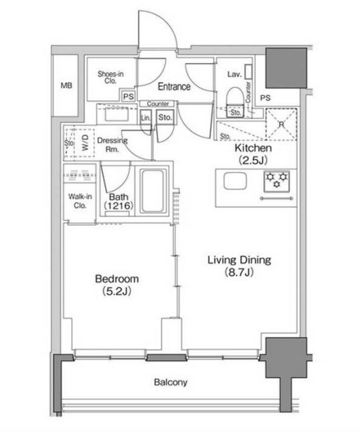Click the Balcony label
click(x=171, y=382)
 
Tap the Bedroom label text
click(x=117, y=278)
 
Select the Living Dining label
click(x=239, y=260)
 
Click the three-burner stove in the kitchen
click(x=277, y=182)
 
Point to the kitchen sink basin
click(x=235, y=181)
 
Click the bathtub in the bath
click(x=152, y=191)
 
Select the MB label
click(x=67, y=86)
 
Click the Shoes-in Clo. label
click(x=111, y=77)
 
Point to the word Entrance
click(x=174, y=86)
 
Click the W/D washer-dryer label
click(x=85, y=142)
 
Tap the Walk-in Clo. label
click(x=80, y=200)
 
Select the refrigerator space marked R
click(x=282, y=124)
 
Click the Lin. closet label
click(x=145, y=118)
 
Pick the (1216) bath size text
click(x=118, y=206)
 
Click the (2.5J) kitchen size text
click(x=253, y=160)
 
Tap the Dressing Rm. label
click(x=112, y=144)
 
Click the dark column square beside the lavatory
click(x=286, y=68)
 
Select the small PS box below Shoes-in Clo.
click(x=128, y=97)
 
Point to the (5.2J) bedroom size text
click(x=117, y=291)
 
